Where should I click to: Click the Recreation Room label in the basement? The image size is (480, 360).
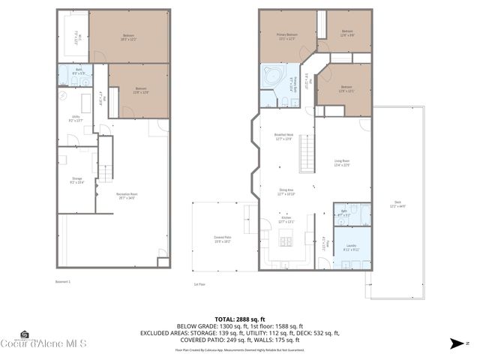pos(125,196)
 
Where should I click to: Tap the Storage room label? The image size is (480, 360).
pos(76,179)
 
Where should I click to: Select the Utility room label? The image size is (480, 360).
pos(76,118)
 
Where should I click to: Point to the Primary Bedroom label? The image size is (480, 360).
pos(287,36)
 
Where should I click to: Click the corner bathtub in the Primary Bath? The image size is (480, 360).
pos(271,76)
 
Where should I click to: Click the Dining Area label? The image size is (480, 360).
pos(286,192)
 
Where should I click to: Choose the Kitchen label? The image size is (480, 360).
pos(286,220)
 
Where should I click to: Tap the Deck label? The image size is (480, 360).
pos(397,204)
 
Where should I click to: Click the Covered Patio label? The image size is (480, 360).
pos(222,240)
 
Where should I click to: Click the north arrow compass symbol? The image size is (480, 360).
pos(460,343)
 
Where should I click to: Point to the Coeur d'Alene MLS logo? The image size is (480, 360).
pos(45,341)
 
